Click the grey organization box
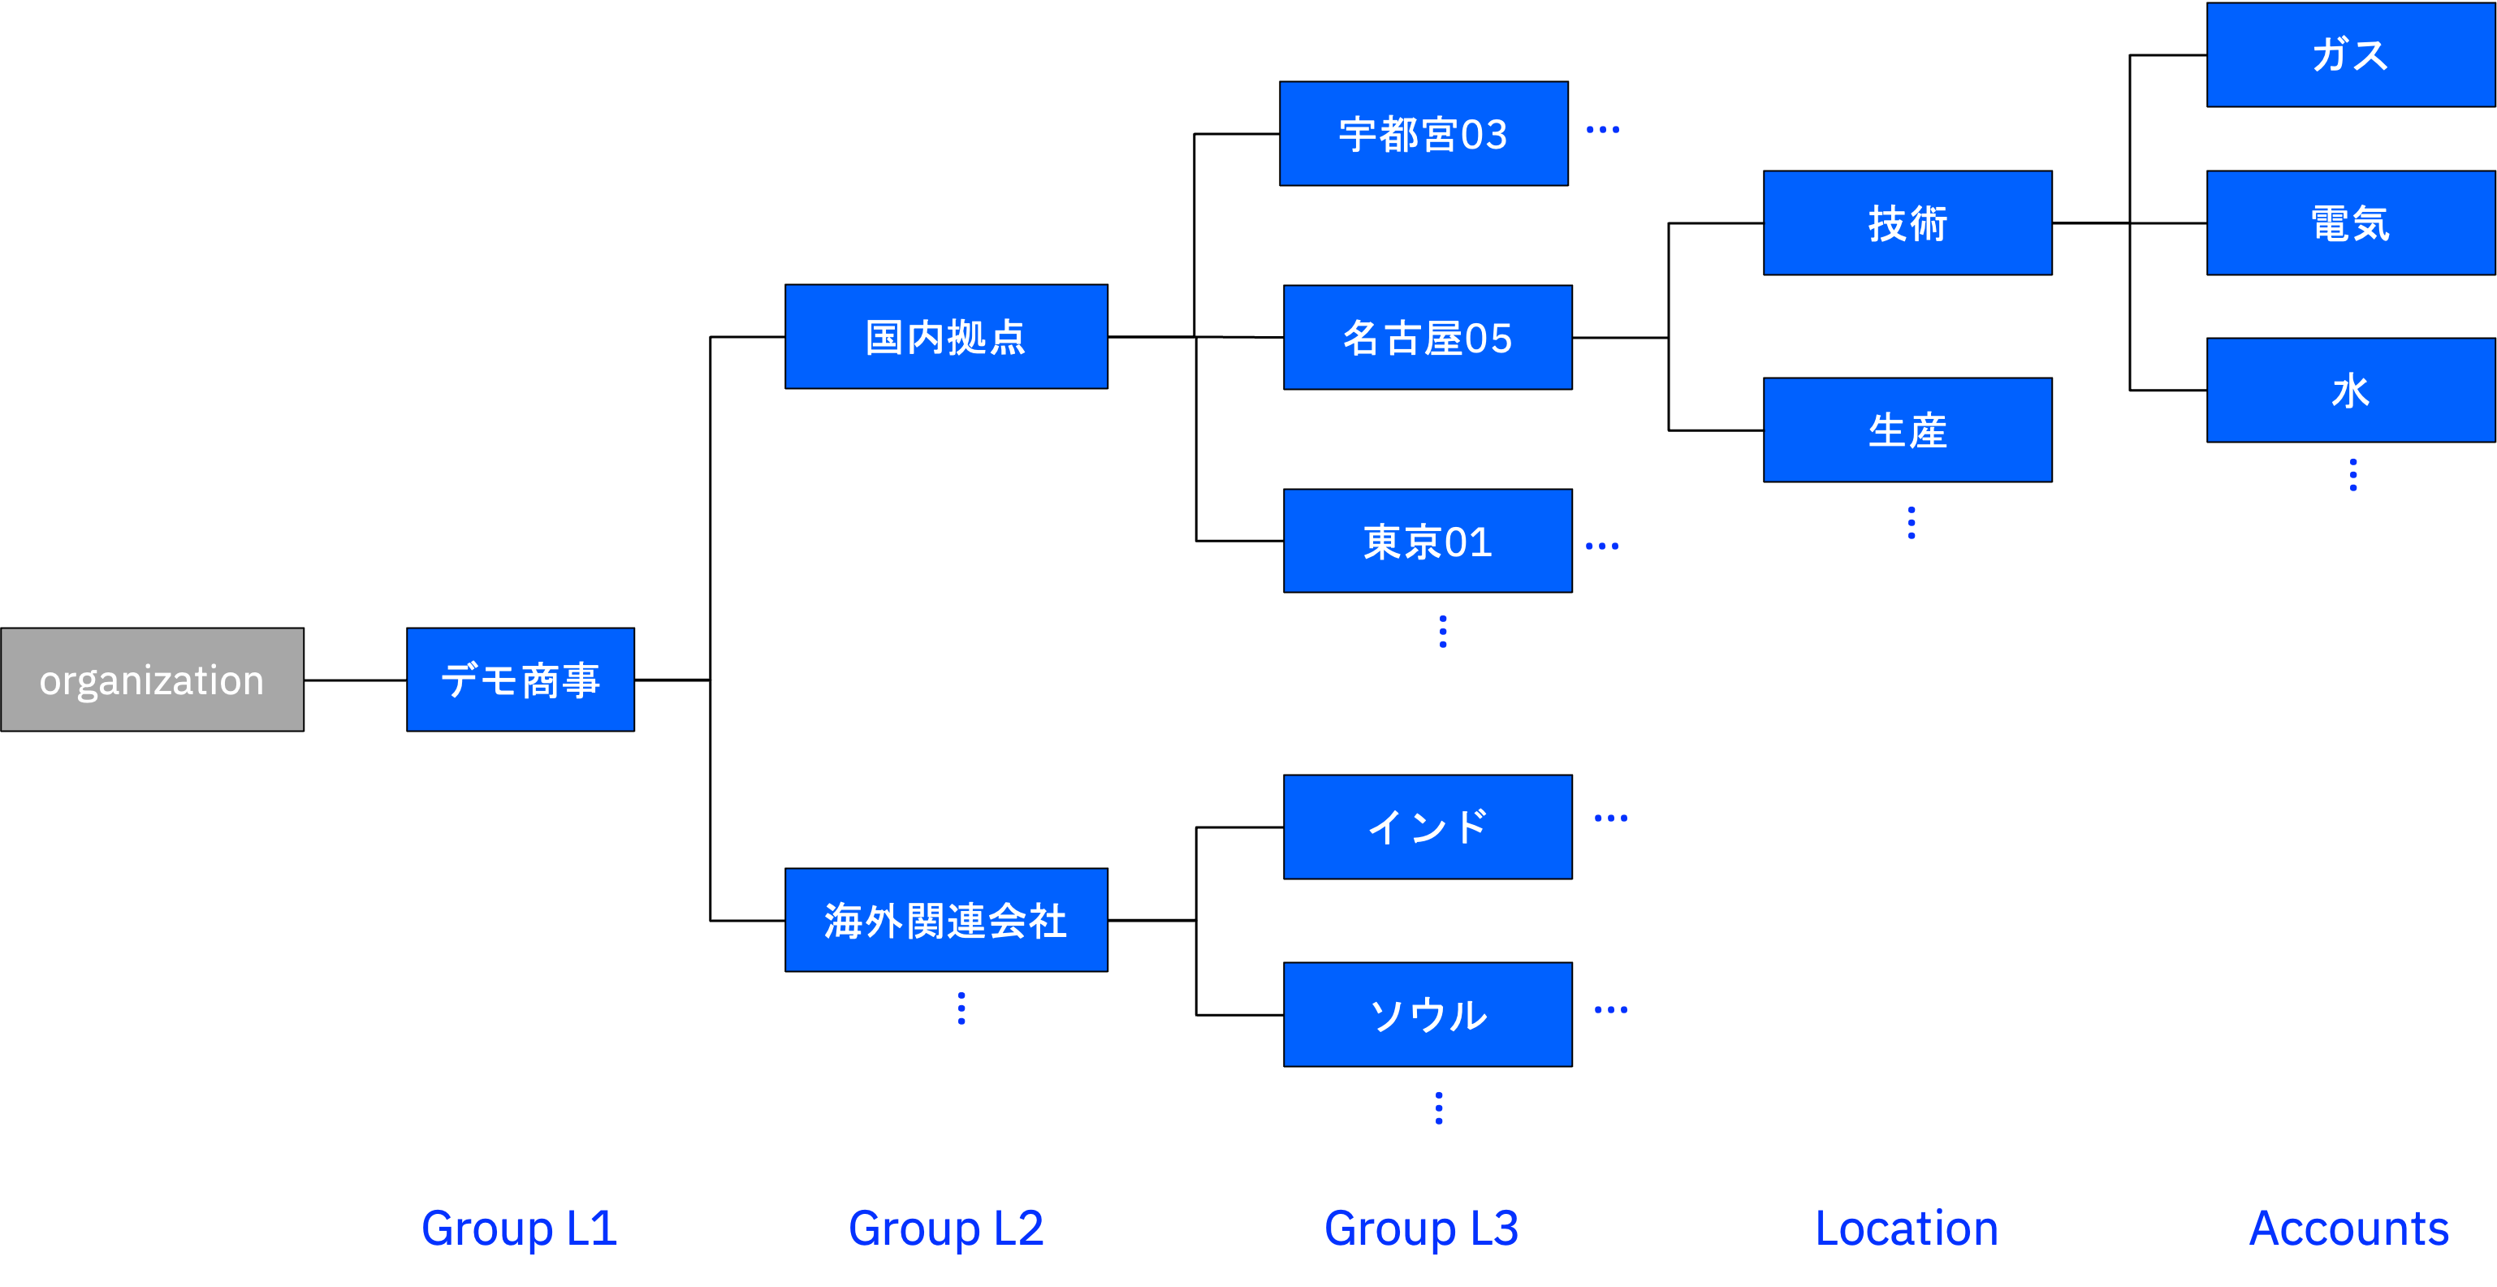(x=152, y=680)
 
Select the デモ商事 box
(x=521, y=680)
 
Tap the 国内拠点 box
(x=946, y=336)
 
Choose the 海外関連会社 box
(x=946, y=920)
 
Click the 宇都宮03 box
(x=1423, y=134)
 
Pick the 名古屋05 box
(x=1427, y=337)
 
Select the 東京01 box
(x=1427, y=541)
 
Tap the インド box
(x=1427, y=827)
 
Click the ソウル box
(x=1427, y=1013)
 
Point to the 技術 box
(x=1907, y=223)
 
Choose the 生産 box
(x=1907, y=430)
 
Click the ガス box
(x=2350, y=54)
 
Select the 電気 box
(x=2350, y=223)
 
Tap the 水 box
(x=2350, y=390)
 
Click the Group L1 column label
(x=520, y=1229)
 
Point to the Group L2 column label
(x=946, y=1229)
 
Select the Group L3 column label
(x=1421, y=1229)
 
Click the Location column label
(x=1906, y=1229)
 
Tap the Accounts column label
(x=2348, y=1229)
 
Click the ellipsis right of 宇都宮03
(x=1602, y=129)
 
